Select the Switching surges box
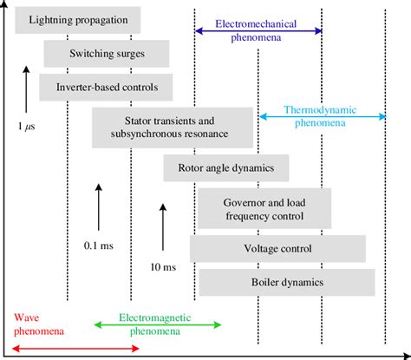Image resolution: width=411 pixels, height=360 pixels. (x=107, y=54)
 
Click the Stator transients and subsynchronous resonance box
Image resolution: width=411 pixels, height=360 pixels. (x=174, y=127)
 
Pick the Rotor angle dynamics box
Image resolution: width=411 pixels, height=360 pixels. (x=226, y=168)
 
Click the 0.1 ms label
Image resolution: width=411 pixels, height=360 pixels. (x=97, y=245)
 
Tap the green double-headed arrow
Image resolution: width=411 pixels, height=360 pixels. (x=157, y=324)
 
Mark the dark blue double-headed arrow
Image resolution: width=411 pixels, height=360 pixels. (x=258, y=31)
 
